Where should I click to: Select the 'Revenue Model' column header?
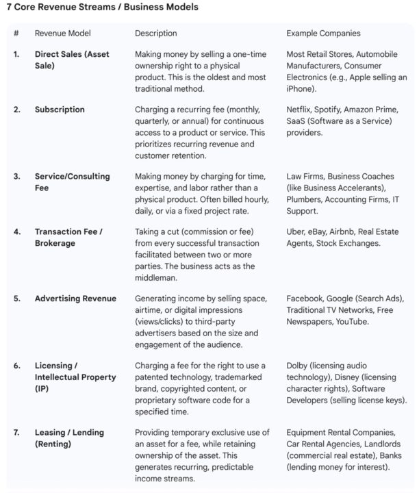pyautogui.click(x=62, y=33)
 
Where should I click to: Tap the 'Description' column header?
pyautogui.click(x=155, y=33)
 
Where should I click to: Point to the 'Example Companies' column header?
pyautogui.click(x=323, y=33)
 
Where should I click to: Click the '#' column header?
pyautogui.click(x=16, y=33)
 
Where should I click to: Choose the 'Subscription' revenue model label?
pyautogui.click(x=60, y=110)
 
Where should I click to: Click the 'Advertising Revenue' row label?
pyautogui.click(x=75, y=299)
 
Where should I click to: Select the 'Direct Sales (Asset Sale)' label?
pyautogui.click(x=72, y=60)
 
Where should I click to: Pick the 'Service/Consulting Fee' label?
pyautogui.click(x=72, y=182)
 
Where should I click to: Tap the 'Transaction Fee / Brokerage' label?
pyautogui.click(x=68, y=238)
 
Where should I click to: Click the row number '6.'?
pyautogui.click(x=17, y=366)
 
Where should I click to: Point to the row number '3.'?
pyautogui.click(x=17, y=177)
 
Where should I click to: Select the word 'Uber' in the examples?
pyautogui.click(x=296, y=232)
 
